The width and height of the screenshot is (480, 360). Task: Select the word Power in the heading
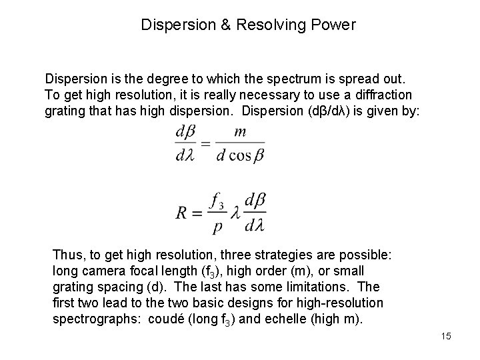[336, 25]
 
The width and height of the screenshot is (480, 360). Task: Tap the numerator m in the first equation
[240, 132]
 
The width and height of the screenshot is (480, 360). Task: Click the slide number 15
[445, 336]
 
